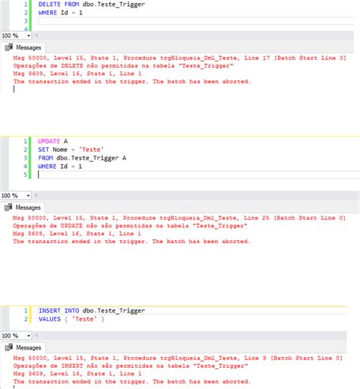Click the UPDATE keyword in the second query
tap(49, 141)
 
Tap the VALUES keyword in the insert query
tap(49, 319)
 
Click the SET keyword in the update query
tap(43, 150)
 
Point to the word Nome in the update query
tap(60, 150)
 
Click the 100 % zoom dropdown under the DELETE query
tap(16, 36)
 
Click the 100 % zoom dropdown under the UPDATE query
tap(15, 195)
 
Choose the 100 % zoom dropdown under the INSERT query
tap(16, 336)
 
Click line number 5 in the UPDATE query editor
tap(25, 175)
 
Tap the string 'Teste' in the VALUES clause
tap(84, 319)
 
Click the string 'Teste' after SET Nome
tap(91, 150)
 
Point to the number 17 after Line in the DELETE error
tap(266, 58)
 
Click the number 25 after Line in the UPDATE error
tap(266, 218)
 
